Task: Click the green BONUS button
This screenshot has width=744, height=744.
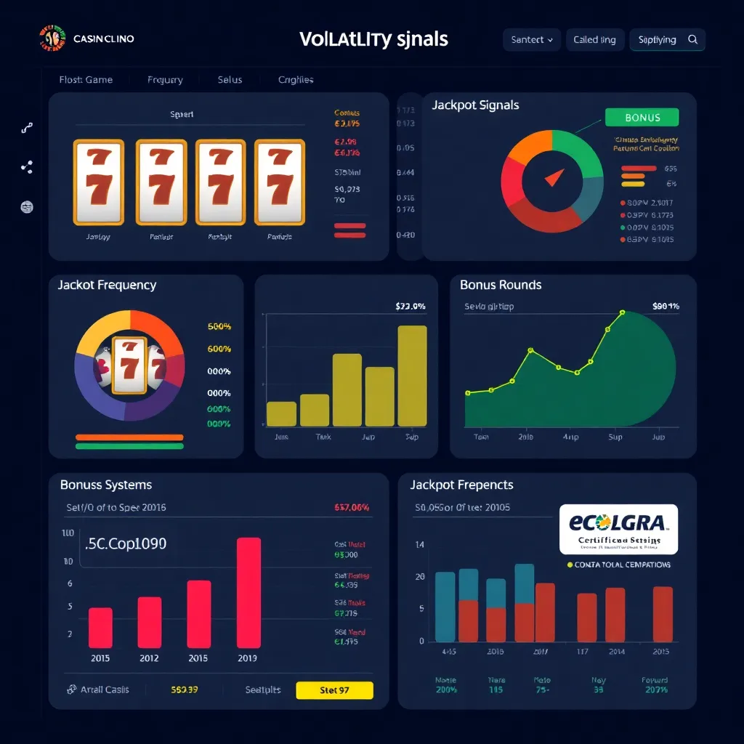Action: click(x=642, y=118)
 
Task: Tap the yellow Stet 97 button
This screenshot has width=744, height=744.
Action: click(x=334, y=690)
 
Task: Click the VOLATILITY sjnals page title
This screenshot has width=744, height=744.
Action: click(x=373, y=39)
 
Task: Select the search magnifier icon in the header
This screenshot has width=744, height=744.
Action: click(x=692, y=40)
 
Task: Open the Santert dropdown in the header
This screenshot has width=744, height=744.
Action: click(x=532, y=40)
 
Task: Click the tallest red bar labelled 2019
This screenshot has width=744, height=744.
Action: click(x=248, y=592)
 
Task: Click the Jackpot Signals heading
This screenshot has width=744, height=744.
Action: click(x=475, y=105)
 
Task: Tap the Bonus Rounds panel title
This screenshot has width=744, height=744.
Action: click(x=501, y=285)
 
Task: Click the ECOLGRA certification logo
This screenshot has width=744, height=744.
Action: click(x=619, y=529)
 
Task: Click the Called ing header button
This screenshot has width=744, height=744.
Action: click(x=594, y=40)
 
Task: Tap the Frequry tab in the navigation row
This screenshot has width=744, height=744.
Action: click(x=165, y=80)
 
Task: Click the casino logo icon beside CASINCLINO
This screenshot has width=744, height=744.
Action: click(x=51, y=39)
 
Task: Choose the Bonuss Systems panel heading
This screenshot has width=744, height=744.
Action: click(x=106, y=485)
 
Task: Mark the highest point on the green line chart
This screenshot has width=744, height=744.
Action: click(x=622, y=312)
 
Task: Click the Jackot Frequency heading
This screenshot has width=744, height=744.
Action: click(x=107, y=285)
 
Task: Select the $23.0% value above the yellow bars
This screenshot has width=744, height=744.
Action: click(x=410, y=307)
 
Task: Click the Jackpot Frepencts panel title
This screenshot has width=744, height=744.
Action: click(x=461, y=485)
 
